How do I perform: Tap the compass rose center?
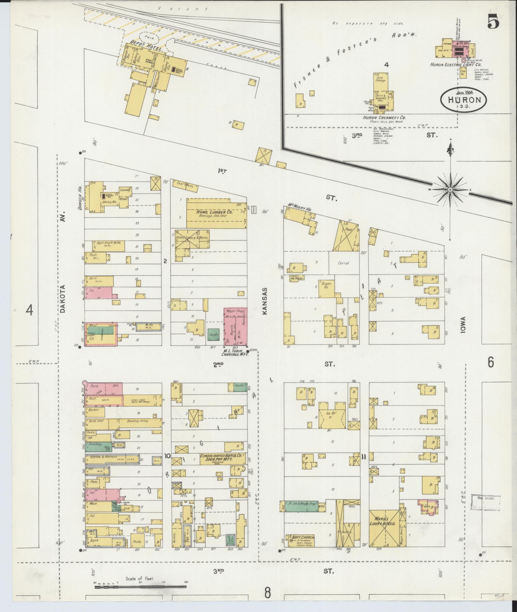(450, 190)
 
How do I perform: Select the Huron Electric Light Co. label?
(455, 64)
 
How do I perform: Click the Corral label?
(344, 263)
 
